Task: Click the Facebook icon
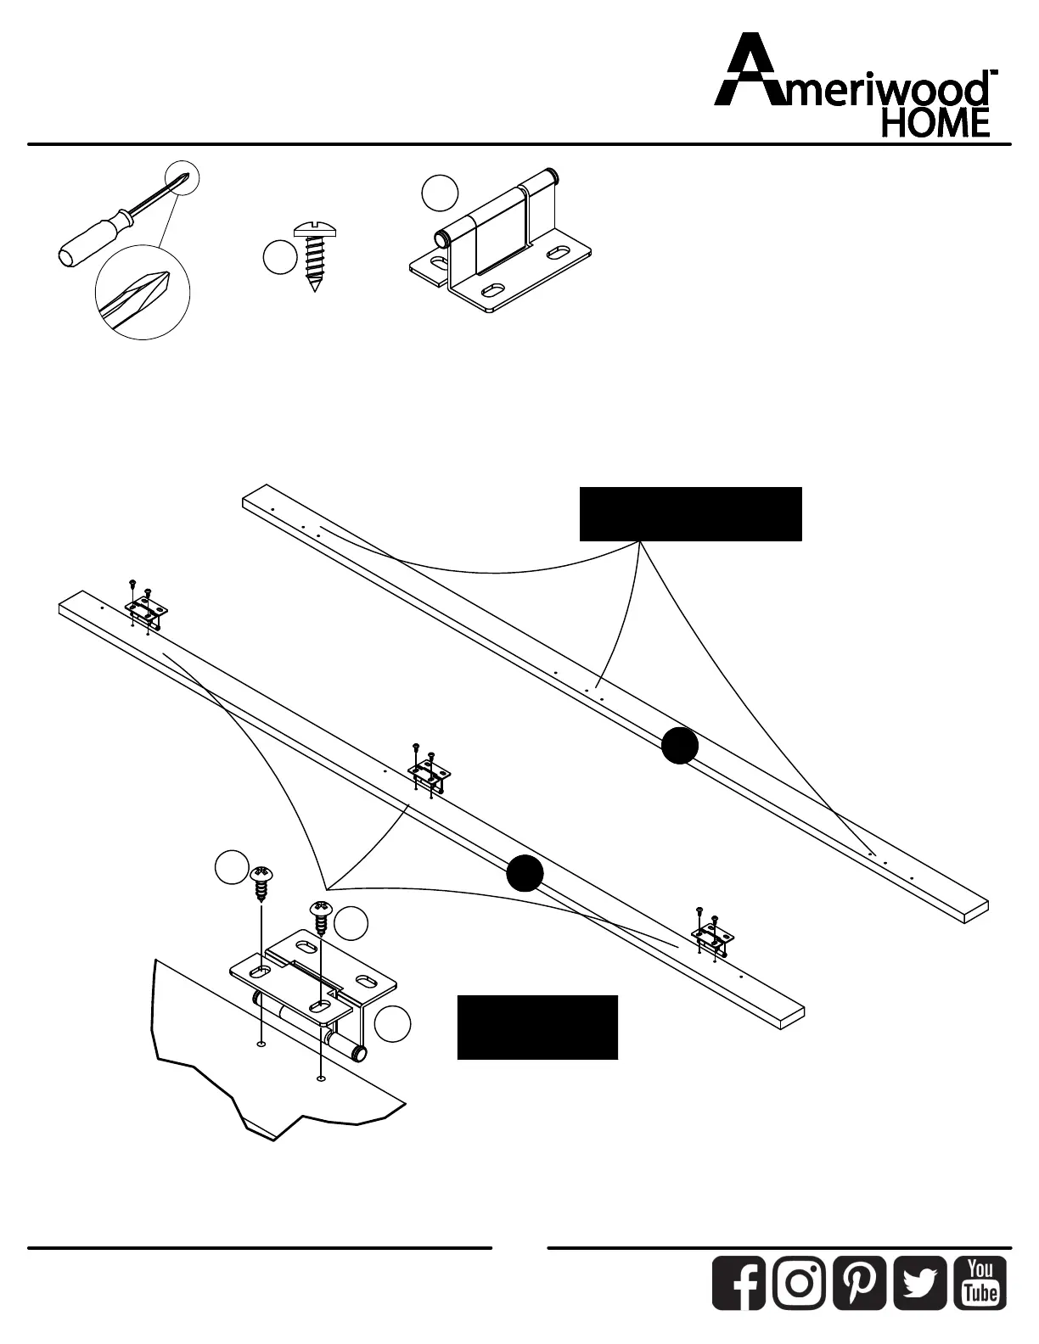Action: click(x=739, y=1281)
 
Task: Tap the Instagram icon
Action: click(x=799, y=1281)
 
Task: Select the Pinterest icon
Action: click(x=860, y=1281)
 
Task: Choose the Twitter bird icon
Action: click(x=920, y=1281)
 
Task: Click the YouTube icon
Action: click(x=981, y=1281)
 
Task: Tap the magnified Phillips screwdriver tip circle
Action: click(x=143, y=292)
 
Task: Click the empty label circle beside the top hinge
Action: click(x=440, y=193)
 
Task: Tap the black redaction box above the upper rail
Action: click(x=690, y=514)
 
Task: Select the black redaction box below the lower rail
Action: click(x=537, y=1028)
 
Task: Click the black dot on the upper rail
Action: click(x=680, y=746)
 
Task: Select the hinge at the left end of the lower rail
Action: click(x=148, y=609)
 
